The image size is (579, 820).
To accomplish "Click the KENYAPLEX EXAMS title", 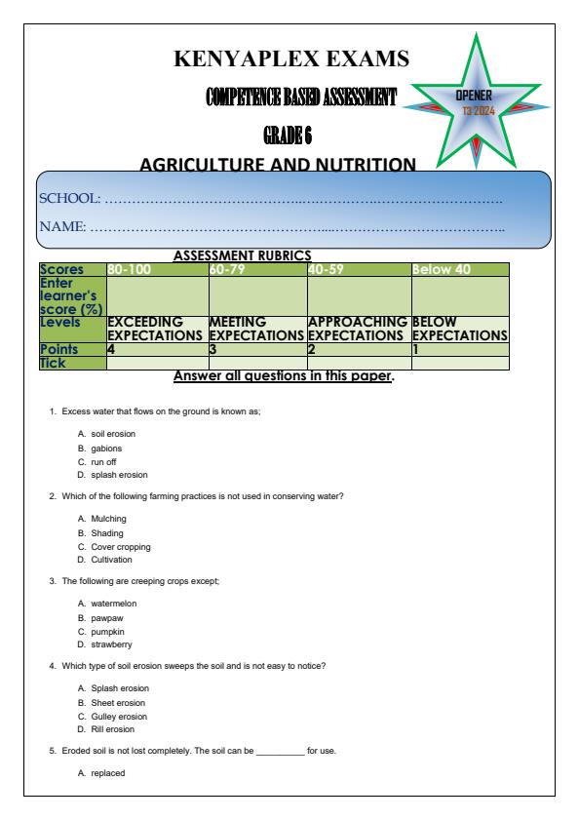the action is tap(291, 60).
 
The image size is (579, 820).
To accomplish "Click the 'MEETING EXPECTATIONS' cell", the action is tap(257, 328).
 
